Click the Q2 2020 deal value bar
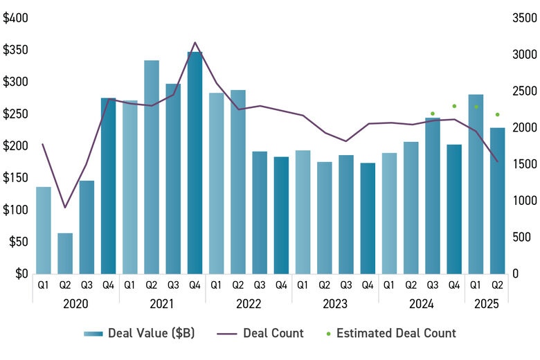coord(65,253)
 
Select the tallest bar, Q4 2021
coord(195,163)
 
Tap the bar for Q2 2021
coord(152,167)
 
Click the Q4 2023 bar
coord(368,218)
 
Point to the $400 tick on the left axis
coord(15,18)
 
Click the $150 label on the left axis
coord(15,178)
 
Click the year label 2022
coord(249,303)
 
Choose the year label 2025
coord(487,303)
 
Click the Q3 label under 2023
coord(346,284)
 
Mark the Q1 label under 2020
coord(44,284)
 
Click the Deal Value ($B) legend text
coord(152,334)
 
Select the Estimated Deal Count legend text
coord(396,334)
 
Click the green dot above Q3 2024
coord(433,114)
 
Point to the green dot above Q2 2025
coord(497,115)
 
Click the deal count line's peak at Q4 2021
coord(195,43)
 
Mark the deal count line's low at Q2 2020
coord(65,208)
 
